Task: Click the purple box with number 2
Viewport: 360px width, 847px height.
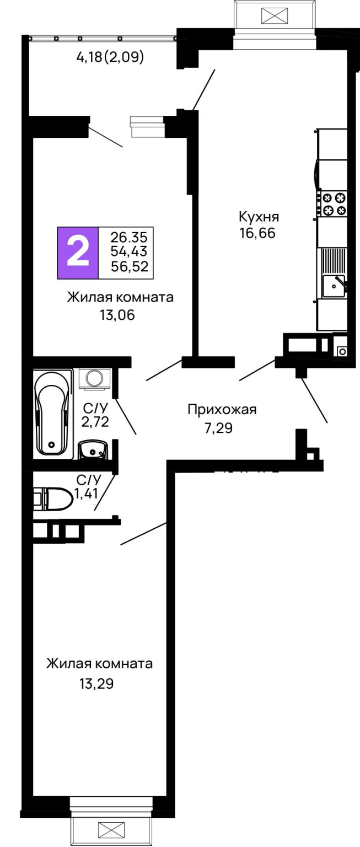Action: coord(78,253)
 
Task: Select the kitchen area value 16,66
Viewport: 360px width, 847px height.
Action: coord(257,233)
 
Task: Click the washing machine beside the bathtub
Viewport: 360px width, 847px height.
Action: coord(94,379)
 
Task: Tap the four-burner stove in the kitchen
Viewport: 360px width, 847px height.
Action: coord(334,203)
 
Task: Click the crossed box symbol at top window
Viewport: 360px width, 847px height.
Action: coord(275,15)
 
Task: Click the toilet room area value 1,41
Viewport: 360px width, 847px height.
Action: coord(85,494)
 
